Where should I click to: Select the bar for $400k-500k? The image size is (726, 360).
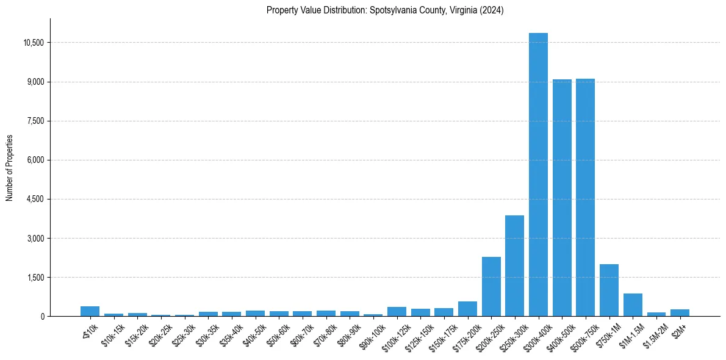pyautogui.click(x=562, y=198)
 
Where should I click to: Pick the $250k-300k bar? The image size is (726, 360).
pyautogui.click(x=514, y=266)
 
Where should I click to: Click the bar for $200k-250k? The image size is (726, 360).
pyautogui.click(x=491, y=287)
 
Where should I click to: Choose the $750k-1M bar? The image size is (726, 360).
pyautogui.click(x=609, y=290)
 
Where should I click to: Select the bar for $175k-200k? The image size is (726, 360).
pyautogui.click(x=467, y=309)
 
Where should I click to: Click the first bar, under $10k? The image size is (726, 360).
pyautogui.click(x=90, y=311)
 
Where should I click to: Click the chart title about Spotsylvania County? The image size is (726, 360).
pyautogui.click(x=385, y=10)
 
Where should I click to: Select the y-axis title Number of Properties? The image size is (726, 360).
pyautogui.click(x=10, y=167)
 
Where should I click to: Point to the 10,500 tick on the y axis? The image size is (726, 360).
pyautogui.click(x=32, y=43)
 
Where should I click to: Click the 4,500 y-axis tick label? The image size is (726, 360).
pyautogui.click(x=35, y=199)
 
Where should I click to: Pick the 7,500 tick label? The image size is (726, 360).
pyautogui.click(x=35, y=121)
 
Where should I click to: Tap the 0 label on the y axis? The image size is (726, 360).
pyautogui.click(x=43, y=316)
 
